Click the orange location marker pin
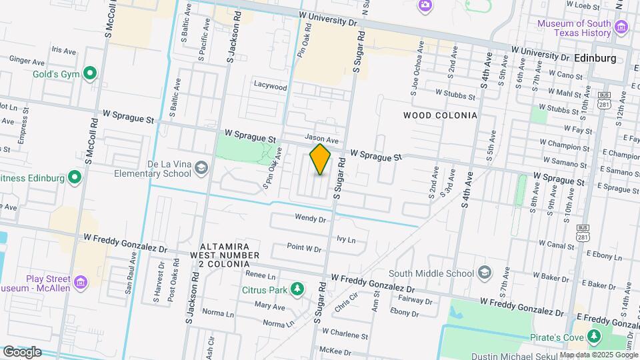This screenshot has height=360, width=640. (x=321, y=159)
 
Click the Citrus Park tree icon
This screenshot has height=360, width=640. (x=297, y=289)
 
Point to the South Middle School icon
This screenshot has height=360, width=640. (x=485, y=273)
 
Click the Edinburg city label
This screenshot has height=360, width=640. (x=594, y=58)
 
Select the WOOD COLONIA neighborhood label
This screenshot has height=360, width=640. (x=441, y=115)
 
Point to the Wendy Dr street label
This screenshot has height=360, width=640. (x=310, y=218)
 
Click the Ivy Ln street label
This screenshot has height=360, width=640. (x=346, y=239)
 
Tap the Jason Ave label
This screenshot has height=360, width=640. (x=322, y=139)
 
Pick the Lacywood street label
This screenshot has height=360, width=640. (x=270, y=87)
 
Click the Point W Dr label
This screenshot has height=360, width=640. (x=304, y=248)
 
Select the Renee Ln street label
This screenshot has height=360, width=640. (x=261, y=275)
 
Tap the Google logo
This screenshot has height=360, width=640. (x=22, y=351)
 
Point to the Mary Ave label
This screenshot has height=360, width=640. (x=269, y=307)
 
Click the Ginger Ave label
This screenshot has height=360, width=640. (x=23, y=60)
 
